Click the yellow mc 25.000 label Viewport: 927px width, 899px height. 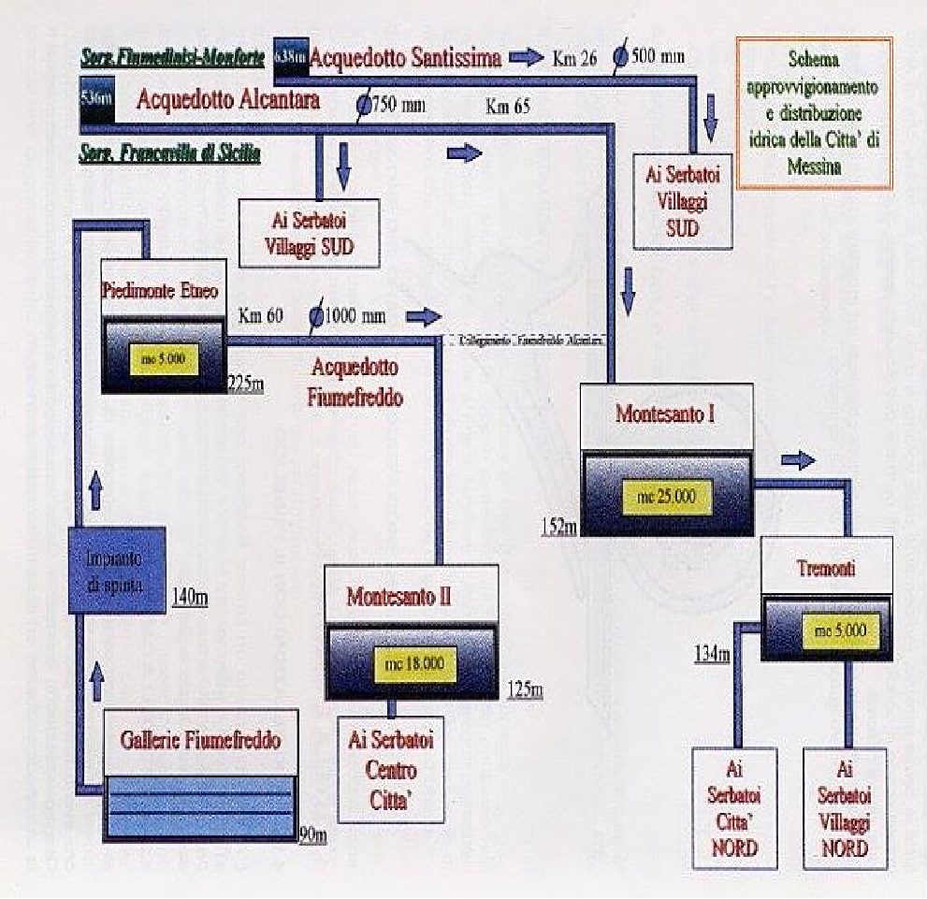point(667,495)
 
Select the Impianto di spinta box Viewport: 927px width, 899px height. point(118,569)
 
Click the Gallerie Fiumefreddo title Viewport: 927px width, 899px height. point(200,742)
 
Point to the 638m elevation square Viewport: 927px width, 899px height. point(290,56)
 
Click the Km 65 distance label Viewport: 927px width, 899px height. point(508,106)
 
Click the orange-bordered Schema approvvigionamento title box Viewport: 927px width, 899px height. point(814,112)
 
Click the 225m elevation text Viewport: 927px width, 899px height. point(246,384)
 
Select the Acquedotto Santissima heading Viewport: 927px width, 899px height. point(405,58)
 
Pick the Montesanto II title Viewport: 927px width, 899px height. point(398,596)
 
